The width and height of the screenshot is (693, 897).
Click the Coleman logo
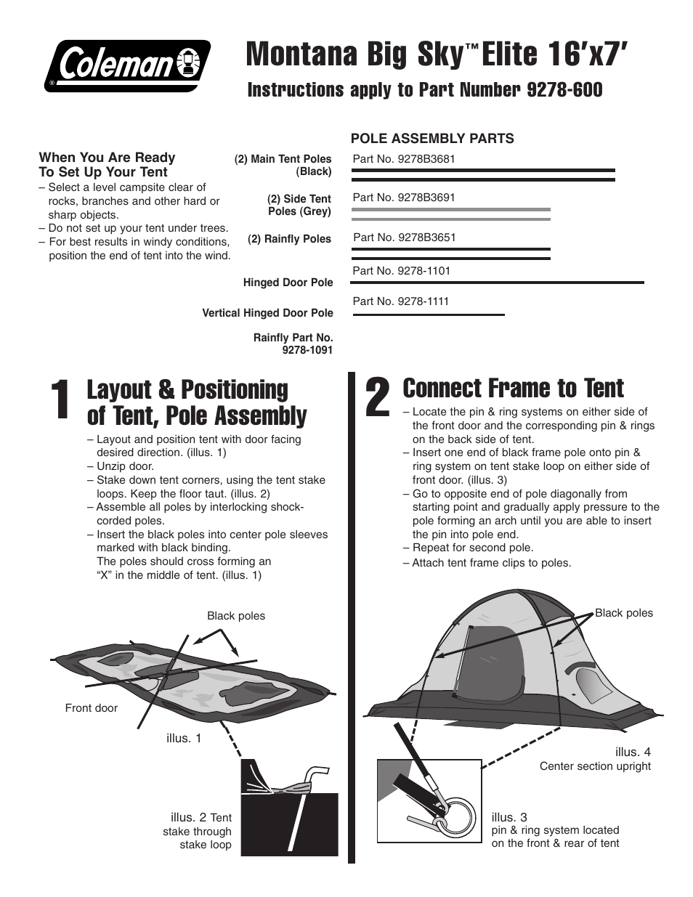pos(127,65)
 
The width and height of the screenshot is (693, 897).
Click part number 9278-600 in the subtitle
pos(564,90)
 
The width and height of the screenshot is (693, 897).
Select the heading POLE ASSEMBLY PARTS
pos(432,139)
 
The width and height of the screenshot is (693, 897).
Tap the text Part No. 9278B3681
pos(403,159)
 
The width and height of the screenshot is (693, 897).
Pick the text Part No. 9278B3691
pos(403,197)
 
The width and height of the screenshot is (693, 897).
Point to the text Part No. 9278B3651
pos(404,237)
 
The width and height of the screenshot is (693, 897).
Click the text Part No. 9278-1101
pos(401,271)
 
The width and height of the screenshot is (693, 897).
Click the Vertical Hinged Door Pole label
pos(267,313)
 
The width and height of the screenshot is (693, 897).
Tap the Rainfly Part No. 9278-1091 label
pos(293,344)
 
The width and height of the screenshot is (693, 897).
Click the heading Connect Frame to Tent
pos(513,389)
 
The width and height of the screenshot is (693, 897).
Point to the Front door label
pos(91,708)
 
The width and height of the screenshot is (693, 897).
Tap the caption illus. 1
pos(184,738)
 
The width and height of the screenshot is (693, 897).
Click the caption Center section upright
pos(595,766)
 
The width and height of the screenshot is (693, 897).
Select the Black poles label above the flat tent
pos(236,616)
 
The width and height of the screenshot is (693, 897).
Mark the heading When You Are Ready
pos(107,158)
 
